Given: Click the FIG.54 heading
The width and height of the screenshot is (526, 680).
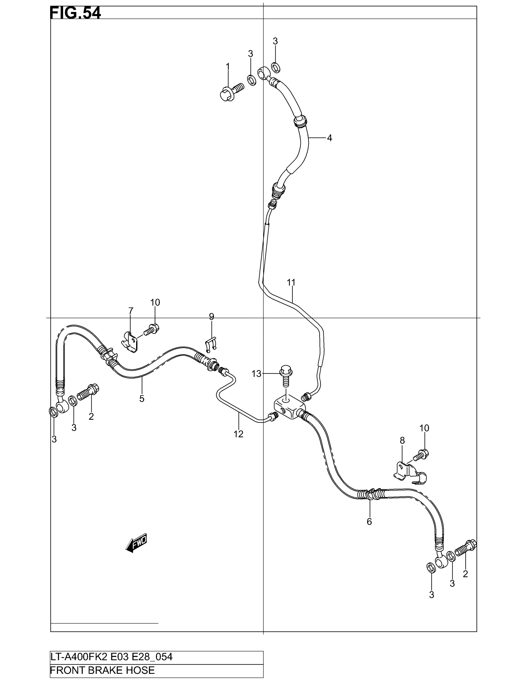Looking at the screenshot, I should [x=75, y=13].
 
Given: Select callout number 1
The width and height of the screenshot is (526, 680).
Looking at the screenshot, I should [x=228, y=66].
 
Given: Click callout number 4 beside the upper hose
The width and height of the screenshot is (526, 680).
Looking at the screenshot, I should [x=330, y=138].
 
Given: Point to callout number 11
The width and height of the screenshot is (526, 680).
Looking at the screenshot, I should [x=291, y=283].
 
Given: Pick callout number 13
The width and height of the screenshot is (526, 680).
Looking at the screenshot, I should [x=256, y=374].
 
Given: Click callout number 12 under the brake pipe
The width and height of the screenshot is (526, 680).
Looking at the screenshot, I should [x=238, y=434].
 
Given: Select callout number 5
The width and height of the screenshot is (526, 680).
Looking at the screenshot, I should [x=142, y=398].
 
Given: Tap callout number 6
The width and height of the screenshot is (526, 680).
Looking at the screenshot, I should [x=369, y=521].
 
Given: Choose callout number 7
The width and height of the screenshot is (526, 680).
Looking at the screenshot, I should [x=131, y=310].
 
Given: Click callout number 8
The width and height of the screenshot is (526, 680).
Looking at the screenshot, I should [x=402, y=440].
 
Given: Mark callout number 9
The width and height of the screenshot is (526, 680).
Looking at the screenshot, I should [x=212, y=317].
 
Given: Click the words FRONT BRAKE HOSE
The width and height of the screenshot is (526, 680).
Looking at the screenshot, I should [x=102, y=670].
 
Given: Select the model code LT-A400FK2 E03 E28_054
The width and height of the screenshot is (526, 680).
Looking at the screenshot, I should [x=112, y=657].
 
